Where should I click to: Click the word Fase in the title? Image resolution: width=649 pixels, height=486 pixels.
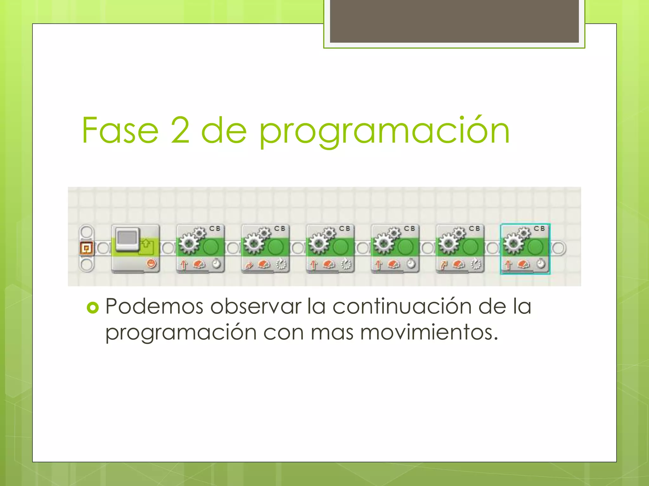120,130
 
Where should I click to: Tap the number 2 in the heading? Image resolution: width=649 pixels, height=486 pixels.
180,130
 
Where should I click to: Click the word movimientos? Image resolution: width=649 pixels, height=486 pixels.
429,333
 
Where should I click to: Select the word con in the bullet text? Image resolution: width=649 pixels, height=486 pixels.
283,333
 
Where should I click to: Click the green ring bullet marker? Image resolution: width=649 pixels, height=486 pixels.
93,308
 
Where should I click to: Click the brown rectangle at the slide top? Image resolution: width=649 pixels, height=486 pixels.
454,21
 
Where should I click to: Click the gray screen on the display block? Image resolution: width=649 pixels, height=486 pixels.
128,238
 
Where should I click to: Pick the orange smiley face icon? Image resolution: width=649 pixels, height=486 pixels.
151,263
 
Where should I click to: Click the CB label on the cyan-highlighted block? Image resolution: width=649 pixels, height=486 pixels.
539,228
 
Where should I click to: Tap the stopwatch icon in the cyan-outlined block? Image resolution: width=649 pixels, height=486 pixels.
541,264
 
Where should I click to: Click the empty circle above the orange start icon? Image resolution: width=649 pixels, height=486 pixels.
86,231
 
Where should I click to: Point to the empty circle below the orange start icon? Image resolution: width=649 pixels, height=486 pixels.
86,265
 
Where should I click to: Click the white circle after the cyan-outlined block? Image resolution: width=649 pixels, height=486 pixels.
559,248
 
